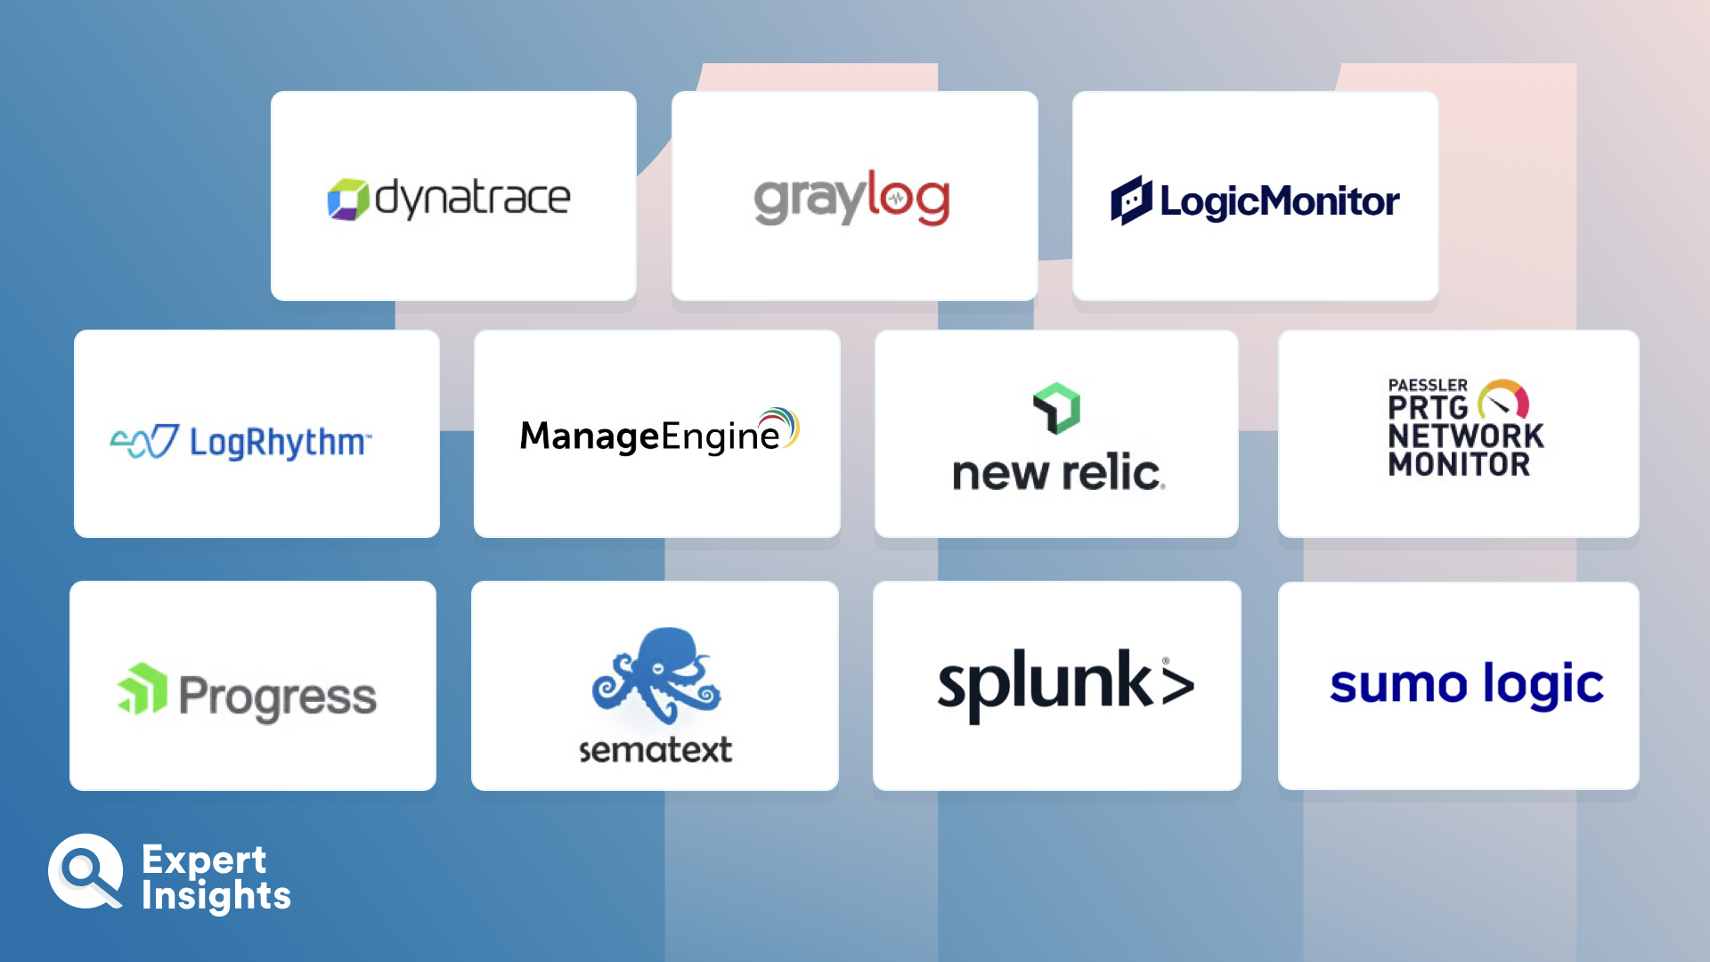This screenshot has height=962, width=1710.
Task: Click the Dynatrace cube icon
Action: pos(348,200)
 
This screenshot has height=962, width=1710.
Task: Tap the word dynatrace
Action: pos(472,199)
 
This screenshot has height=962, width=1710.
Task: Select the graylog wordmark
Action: pos(852,199)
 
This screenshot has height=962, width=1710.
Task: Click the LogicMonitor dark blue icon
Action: pos(1131,200)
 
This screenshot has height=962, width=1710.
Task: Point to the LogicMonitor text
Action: pos(1280,202)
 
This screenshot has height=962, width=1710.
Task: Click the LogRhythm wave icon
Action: pos(145,441)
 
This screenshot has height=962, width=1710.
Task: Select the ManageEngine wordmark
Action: pos(659,432)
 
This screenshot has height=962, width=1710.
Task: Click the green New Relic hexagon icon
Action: pos(1056,408)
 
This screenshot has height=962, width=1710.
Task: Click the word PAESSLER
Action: pos(1428,385)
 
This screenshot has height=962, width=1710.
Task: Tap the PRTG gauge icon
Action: pos(1503,399)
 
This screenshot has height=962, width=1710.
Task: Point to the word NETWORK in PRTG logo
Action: pos(1466,436)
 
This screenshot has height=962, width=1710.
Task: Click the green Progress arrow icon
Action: pos(142,689)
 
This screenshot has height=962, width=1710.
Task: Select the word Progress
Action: pos(278,697)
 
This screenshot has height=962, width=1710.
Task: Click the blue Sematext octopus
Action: pos(656,674)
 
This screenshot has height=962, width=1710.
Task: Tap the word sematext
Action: pos(655,750)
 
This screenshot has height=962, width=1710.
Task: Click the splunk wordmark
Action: pos(1066,685)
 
